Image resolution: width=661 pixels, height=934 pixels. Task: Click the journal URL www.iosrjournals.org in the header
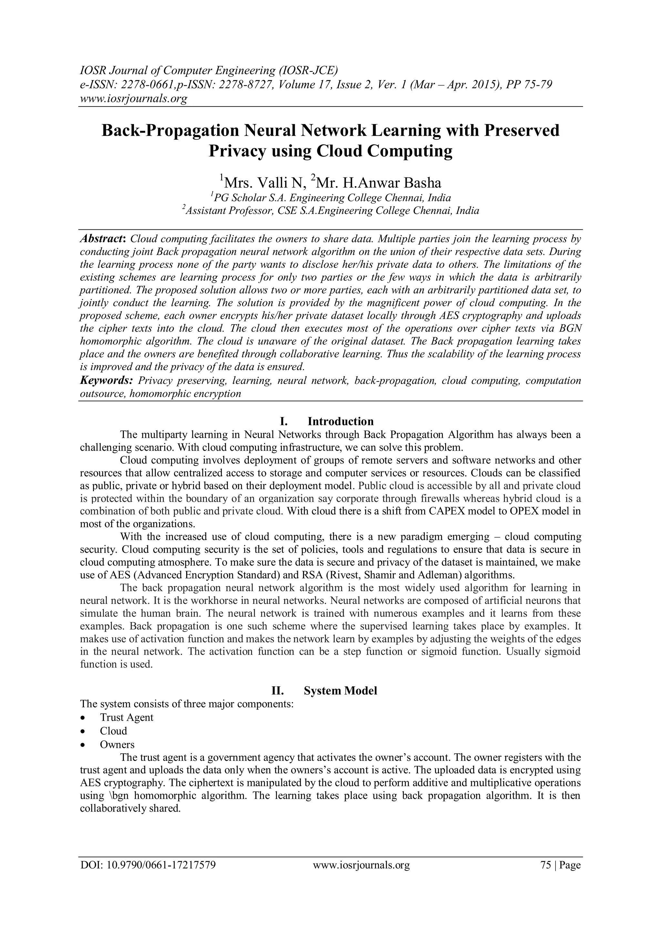click(133, 99)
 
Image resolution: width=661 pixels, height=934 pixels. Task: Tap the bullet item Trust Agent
click(127, 717)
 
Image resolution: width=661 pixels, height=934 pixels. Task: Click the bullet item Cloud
click(114, 731)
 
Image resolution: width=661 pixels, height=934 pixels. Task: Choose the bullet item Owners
click(117, 744)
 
